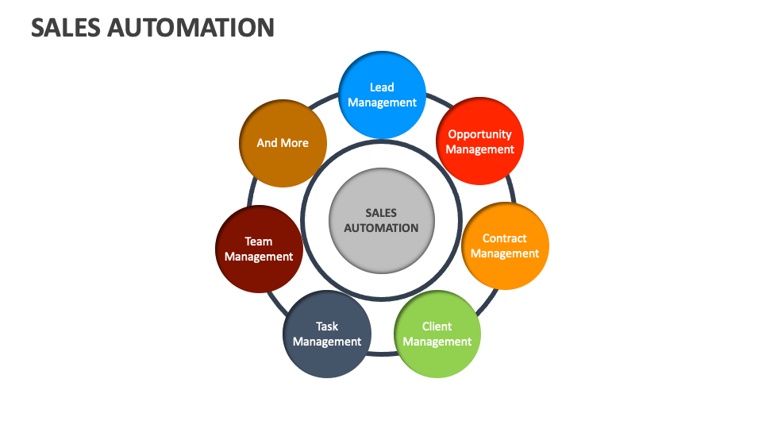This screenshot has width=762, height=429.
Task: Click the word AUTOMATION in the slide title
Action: click(190, 28)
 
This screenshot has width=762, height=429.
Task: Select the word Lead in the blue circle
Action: click(382, 87)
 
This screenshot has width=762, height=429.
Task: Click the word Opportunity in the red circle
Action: click(479, 134)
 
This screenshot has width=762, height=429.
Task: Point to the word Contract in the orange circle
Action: click(505, 238)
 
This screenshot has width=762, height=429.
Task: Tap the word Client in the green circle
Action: click(437, 327)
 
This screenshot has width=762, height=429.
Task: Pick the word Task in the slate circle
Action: click(327, 327)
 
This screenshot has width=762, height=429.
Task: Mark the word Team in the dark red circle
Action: click(259, 242)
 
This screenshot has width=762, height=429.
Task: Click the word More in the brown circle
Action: click(294, 143)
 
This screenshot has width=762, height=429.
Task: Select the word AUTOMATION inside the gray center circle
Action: click(381, 228)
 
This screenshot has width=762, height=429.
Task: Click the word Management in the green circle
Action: click(437, 342)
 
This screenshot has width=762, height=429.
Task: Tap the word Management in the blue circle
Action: click(382, 102)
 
